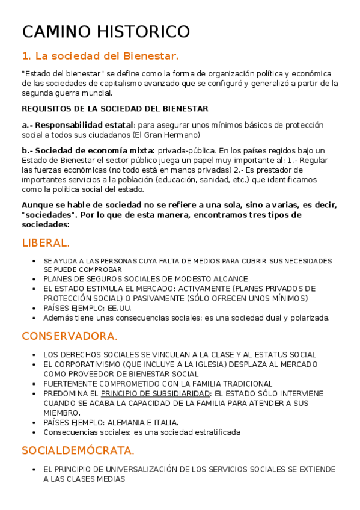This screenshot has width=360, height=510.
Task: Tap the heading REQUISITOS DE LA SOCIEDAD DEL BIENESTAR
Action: click(x=115, y=109)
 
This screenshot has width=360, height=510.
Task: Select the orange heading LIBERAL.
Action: click(x=46, y=243)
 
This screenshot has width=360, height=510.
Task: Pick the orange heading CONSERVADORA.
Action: click(x=70, y=336)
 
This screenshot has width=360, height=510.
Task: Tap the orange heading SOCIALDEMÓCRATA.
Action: click(x=78, y=450)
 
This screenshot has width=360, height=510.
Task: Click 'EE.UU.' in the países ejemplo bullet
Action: click(x=120, y=308)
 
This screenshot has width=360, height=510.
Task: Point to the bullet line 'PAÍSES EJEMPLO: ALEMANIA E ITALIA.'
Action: click(x=111, y=422)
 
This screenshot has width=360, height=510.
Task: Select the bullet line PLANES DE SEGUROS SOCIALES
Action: click(x=145, y=279)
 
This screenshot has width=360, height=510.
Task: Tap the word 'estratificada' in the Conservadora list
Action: click(x=215, y=432)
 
